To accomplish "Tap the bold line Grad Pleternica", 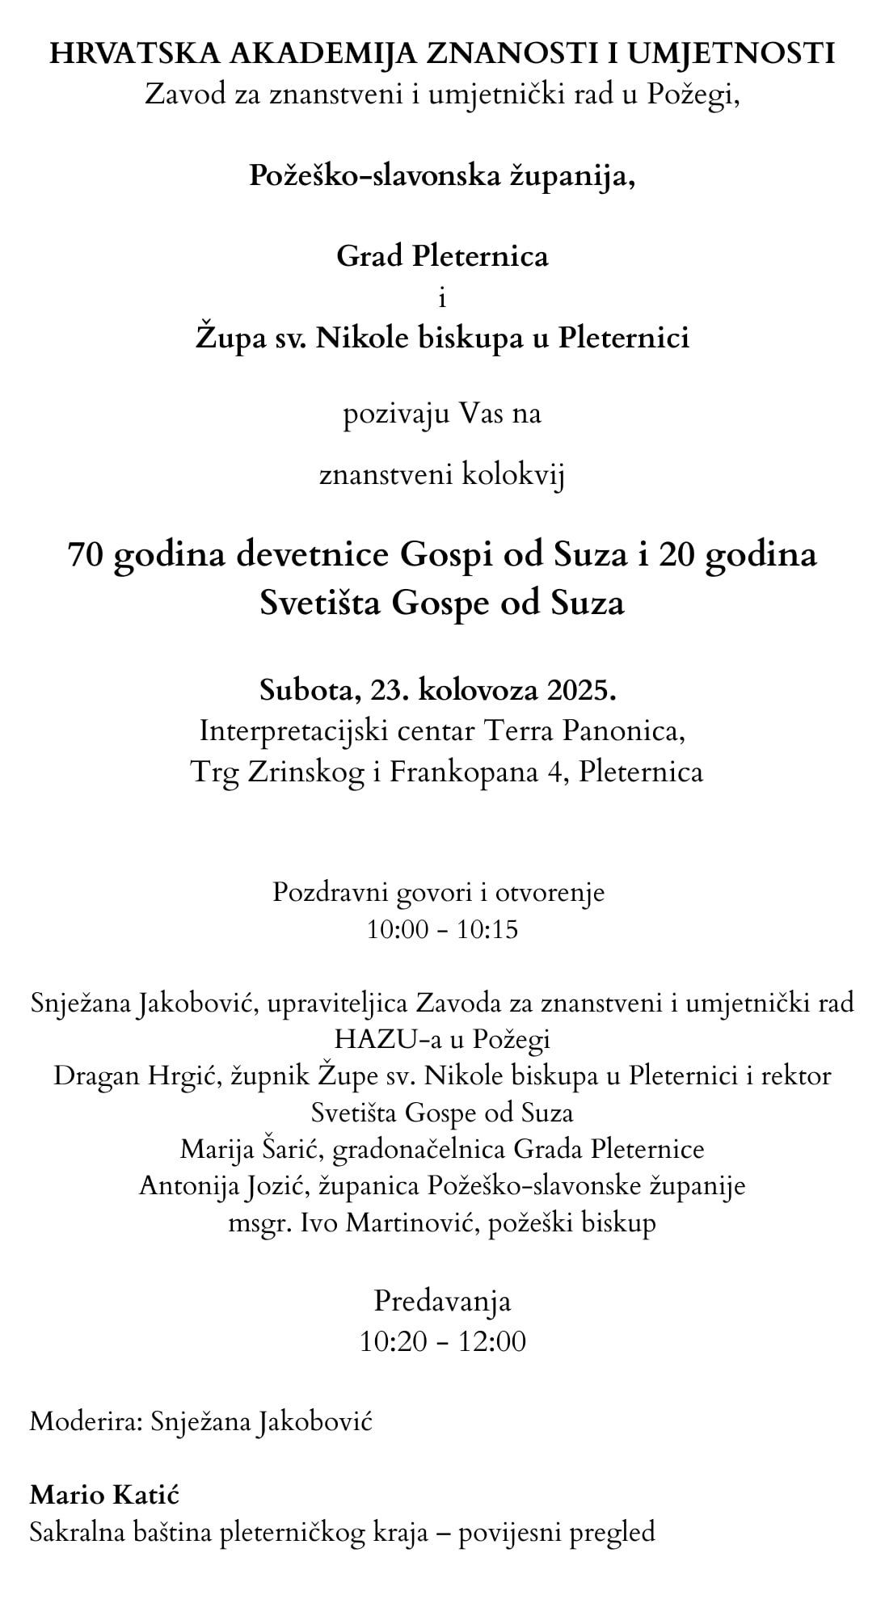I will click(442, 256).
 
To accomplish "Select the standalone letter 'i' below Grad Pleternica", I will click(442, 298).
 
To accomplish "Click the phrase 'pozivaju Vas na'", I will click(442, 415).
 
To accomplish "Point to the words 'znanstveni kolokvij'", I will click(442, 475).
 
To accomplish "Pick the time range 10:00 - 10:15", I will click(442, 929).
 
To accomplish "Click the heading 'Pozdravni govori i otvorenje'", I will click(438, 892).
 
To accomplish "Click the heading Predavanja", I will click(442, 1301).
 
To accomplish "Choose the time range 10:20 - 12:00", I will click(442, 1341).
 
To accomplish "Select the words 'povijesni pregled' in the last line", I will click(556, 1532).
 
